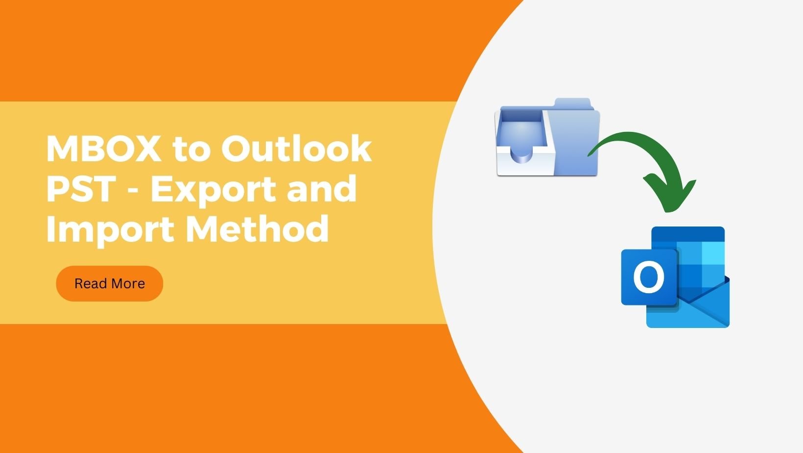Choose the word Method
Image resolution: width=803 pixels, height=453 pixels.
(257, 228)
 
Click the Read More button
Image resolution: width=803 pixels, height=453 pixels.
(109, 283)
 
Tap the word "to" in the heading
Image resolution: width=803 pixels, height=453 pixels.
(191, 149)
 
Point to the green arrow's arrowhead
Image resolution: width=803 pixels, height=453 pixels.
(669, 194)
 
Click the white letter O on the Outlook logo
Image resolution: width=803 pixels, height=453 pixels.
(649, 277)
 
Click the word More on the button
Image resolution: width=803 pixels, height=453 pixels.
(128, 283)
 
